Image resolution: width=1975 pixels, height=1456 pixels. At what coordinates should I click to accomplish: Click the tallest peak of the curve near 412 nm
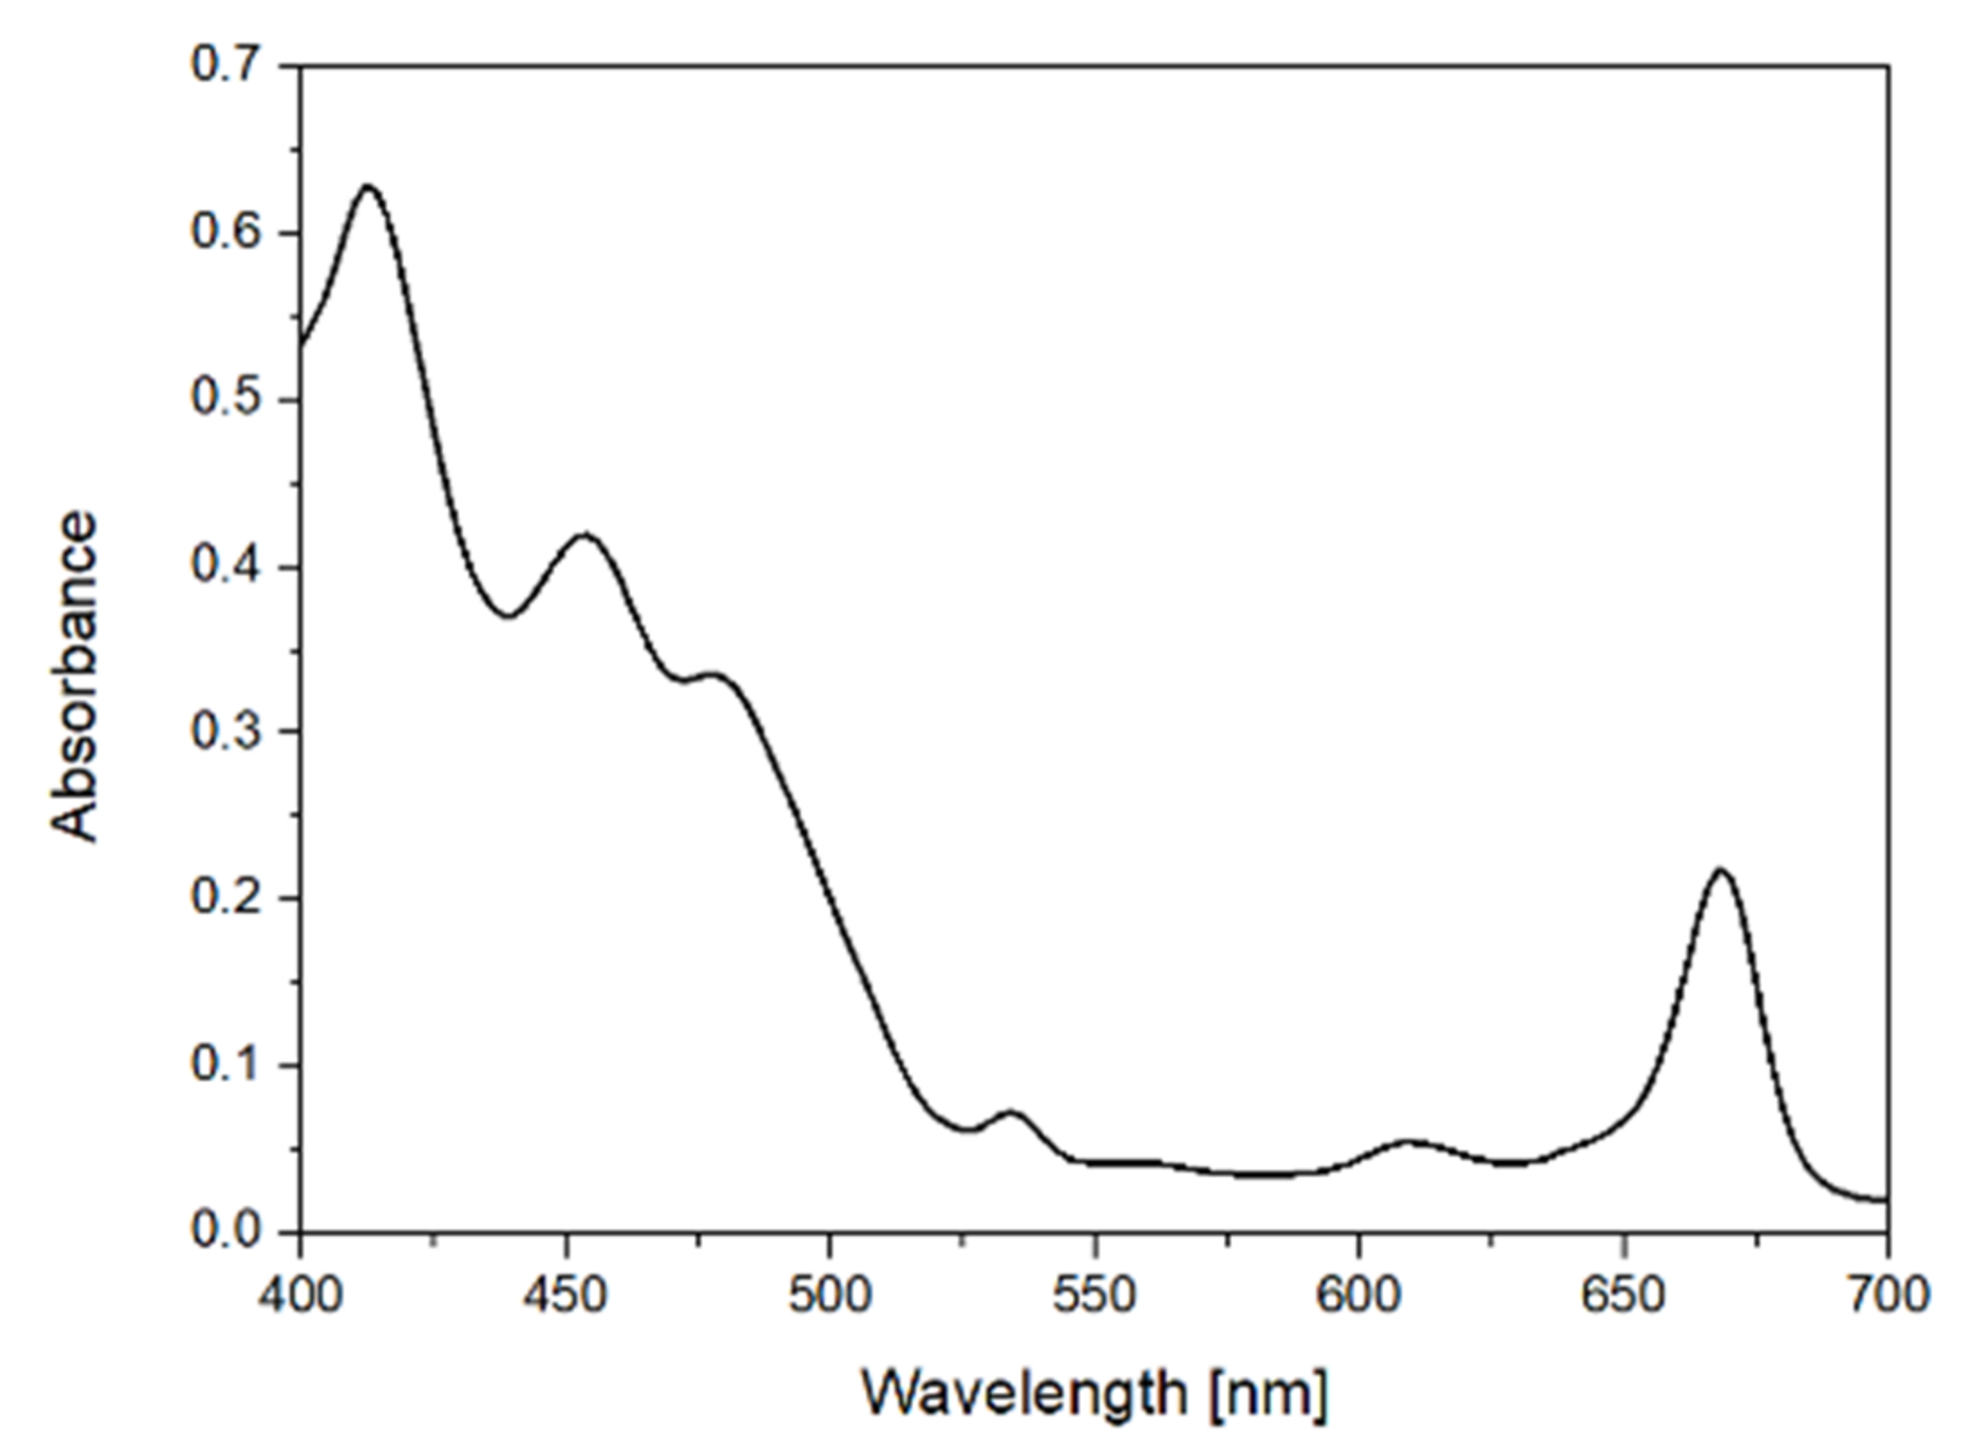click(x=367, y=186)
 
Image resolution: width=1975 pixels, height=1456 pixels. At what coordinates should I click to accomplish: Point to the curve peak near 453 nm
click(x=584, y=535)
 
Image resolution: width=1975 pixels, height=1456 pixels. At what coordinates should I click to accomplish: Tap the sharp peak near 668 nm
click(x=1720, y=871)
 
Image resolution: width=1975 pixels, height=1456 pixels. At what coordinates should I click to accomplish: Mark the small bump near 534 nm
click(x=1011, y=1112)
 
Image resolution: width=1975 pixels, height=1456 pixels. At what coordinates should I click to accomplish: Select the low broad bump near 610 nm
click(x=1410, y=1142)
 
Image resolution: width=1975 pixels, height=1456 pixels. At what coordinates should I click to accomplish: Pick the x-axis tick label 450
click(x=565, y=1295)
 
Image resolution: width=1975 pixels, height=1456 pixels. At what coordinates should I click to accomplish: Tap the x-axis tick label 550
click(x=1095, y=1295)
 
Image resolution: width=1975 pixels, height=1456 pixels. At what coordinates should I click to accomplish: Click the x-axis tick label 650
click(x=1624, y=1295)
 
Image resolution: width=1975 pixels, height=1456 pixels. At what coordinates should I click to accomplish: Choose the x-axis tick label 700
click(x=1887, y=1295)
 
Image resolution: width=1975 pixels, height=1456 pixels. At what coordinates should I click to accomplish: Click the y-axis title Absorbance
click(x=74, y=677)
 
